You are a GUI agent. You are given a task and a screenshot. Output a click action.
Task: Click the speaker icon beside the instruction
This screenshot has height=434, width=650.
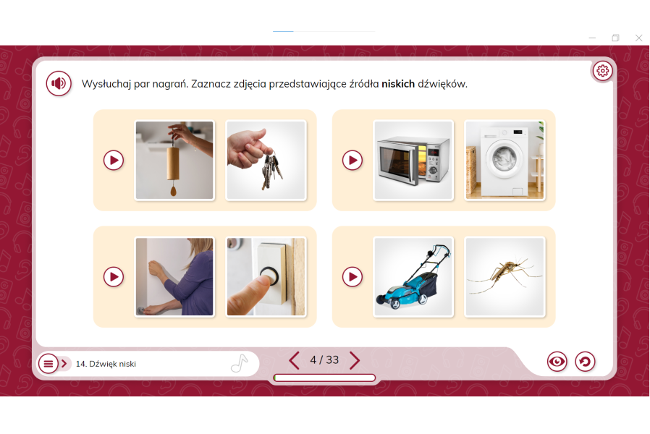[x=59, y=83]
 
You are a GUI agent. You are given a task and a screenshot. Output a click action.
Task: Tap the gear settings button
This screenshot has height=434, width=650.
[x=602, y=71]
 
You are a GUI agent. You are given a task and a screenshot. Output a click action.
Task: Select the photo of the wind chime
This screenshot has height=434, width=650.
[x=174, y=161]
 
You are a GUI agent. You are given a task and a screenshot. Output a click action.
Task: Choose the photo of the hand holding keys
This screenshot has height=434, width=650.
[x=266, y=161]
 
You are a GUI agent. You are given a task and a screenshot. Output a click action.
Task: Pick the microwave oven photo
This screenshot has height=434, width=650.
[x=413, y=161]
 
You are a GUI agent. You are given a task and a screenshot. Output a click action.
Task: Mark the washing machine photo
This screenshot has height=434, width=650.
[x=505, y=161]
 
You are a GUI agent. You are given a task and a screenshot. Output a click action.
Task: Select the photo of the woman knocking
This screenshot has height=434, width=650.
[x=174, y=276]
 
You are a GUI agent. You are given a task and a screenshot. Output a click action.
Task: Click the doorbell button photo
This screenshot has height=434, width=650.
[x=266, y=276]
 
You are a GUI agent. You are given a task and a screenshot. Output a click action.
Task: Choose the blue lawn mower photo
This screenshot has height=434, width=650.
[x=413, y=276]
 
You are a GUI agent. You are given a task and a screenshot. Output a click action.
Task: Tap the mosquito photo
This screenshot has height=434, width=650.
[x=505, y=276]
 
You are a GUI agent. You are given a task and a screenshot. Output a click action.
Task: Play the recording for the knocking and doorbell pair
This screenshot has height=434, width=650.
[x=114, y=276]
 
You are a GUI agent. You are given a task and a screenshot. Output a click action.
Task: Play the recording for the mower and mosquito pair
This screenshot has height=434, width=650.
[x=353, y=276]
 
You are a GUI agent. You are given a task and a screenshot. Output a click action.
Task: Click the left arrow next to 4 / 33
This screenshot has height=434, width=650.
[x=294, y=360]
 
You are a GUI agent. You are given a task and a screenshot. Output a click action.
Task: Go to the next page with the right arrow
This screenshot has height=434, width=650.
[x=355, y=360]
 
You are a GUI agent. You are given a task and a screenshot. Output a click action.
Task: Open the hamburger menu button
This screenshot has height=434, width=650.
[x=48, y=364]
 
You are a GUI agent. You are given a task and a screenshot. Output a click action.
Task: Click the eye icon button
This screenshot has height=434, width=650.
[x=557, y=362]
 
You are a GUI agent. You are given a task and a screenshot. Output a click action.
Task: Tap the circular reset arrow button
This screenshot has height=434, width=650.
[x=585, y=362]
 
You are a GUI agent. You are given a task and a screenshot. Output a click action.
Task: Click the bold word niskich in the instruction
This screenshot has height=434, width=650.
[x=398, y=84]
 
